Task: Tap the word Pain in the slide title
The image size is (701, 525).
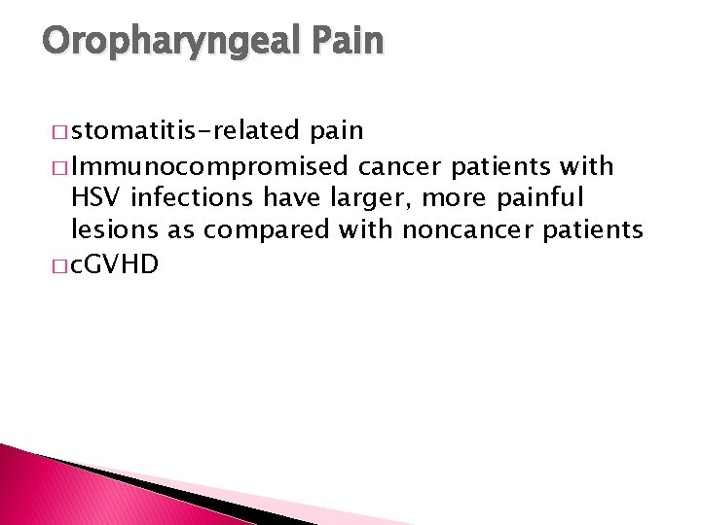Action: pos(349,41)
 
